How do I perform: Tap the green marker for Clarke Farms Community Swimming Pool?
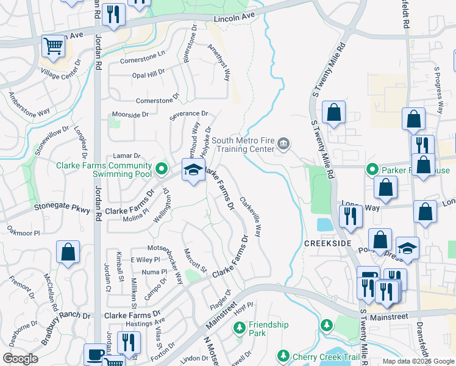(x=161, y=167)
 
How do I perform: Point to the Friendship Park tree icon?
(x=239, y=328)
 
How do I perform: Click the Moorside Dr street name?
(x=129, y=115)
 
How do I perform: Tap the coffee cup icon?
(x=96, y=354)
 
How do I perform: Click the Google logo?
(x=20, y=359)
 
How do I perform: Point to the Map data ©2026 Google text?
(x=419, y=361)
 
